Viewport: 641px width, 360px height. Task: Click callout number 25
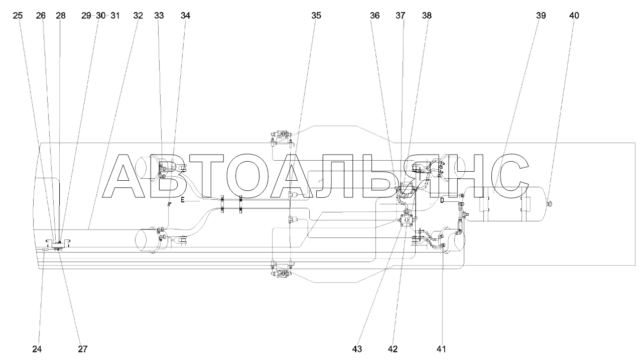[x=18, y=16]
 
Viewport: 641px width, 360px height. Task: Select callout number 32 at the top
[x=138, y=16]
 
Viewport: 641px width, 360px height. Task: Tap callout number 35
[x=316, y=16]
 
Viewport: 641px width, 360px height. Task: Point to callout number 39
[x=541, y=16]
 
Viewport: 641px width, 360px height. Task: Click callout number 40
[x=574, y=16]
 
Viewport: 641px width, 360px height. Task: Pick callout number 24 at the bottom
[x=37, y=348]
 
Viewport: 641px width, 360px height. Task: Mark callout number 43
[x=357, y=348]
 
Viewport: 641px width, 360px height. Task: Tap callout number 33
[x=159, y=16]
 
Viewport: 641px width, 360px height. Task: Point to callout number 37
[x=400, y=16]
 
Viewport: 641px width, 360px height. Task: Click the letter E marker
[x=183, y=200]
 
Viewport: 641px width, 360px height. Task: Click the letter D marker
[x=442, y=201]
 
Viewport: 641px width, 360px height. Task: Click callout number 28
[x=61, y=16]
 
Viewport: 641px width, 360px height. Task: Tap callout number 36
[x=375, y=16]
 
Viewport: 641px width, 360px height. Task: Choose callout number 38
[x=427, y=16]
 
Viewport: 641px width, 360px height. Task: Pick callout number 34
[x=186, y=16]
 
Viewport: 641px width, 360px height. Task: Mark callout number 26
[x=41, y=16]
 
